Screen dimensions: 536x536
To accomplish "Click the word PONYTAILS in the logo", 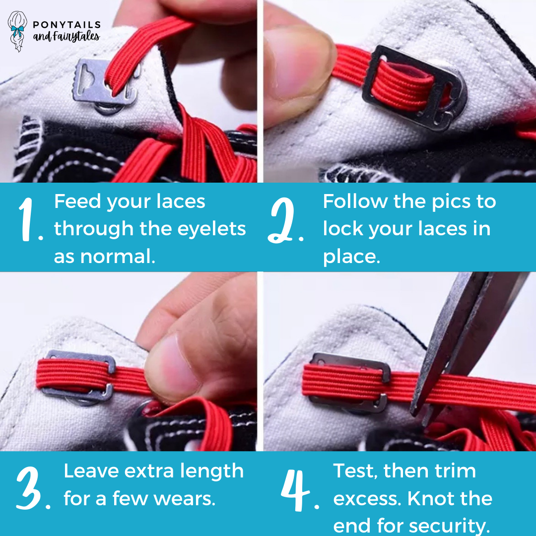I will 67,25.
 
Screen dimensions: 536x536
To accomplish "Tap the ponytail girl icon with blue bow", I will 18,31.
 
